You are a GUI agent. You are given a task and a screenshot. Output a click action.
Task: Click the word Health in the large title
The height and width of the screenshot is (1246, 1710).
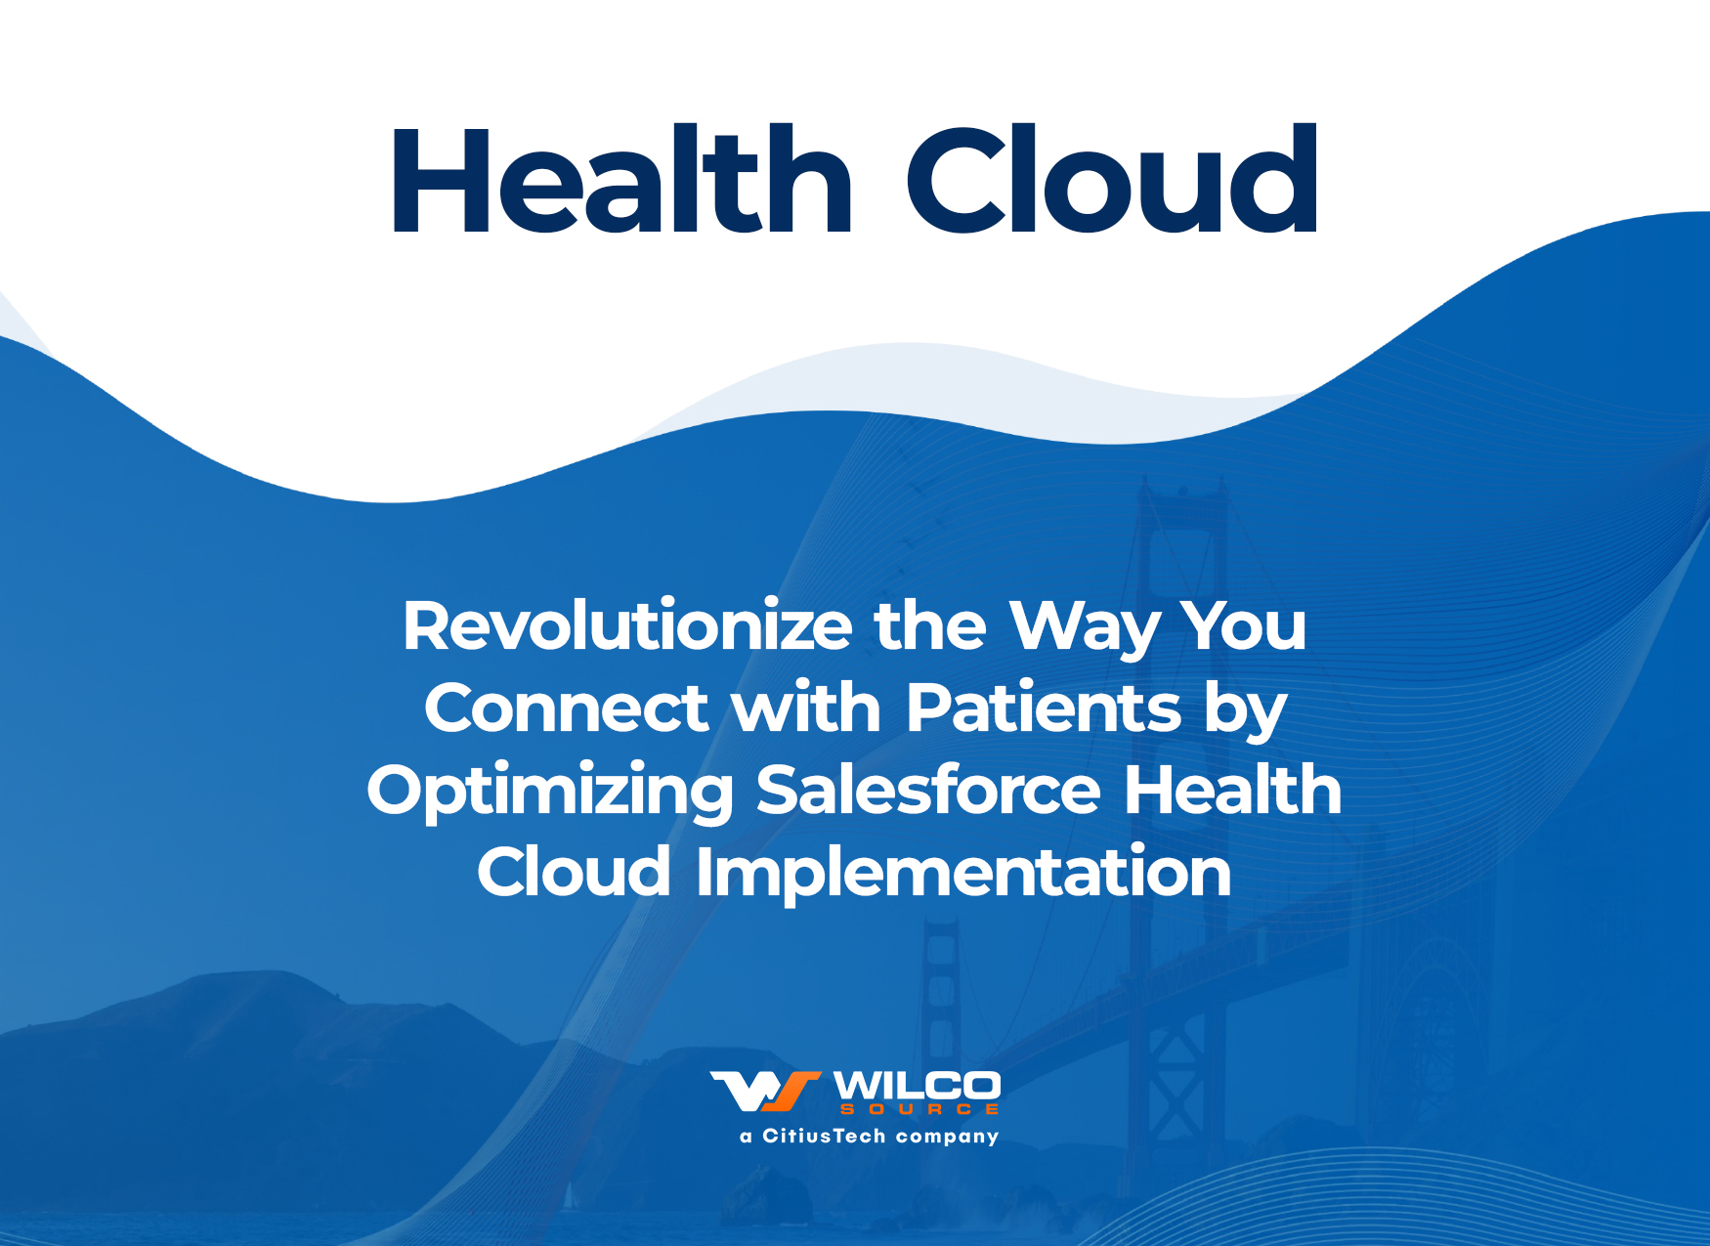point(622,180)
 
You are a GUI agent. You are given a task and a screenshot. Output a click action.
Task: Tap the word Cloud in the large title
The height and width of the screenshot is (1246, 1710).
point(1113,180)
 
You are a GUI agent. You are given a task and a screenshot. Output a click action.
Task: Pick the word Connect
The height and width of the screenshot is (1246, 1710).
point(566,708)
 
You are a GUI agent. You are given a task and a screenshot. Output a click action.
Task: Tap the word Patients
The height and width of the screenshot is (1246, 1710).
point(1044,708)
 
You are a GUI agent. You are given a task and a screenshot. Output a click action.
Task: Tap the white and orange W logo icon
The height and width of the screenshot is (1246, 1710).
point(765,1092)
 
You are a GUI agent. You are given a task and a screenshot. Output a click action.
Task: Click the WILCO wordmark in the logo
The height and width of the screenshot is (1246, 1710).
point(917,1086)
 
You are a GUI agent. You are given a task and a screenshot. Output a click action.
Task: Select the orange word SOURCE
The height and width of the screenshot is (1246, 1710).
point(919,1109)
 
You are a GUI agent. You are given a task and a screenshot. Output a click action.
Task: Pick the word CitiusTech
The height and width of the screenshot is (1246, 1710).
point(824,1136)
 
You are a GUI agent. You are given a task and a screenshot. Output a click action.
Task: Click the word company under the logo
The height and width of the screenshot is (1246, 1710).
point(948,1138)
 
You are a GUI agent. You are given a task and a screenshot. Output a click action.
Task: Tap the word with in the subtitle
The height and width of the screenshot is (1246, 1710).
point(806,708)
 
